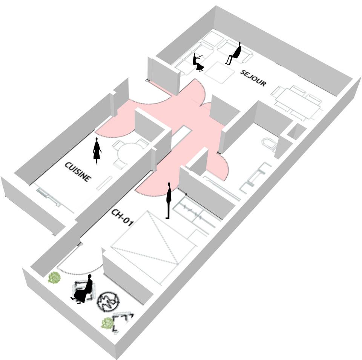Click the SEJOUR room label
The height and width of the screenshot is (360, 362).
click(x=253, y=78)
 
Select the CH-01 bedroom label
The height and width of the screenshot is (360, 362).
click(x=122, y=217)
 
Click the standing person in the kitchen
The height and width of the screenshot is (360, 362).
click(x=97, y=151)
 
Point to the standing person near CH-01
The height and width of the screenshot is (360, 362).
click(x=169, y=200)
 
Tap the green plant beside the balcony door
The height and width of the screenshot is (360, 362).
click(x=54, y=278)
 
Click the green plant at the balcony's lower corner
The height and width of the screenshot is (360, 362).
click(x=107, y=323)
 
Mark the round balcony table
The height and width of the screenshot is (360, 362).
click(x=108, y=301)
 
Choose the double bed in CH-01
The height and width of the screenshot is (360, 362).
click(x=153, y=248)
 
